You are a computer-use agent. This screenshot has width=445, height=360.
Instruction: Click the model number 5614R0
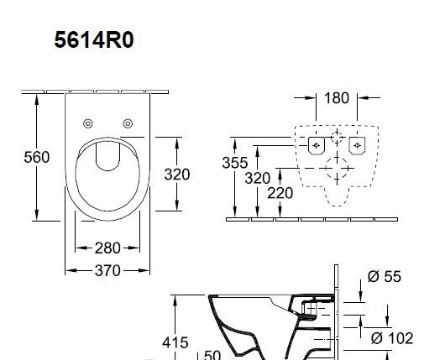93,39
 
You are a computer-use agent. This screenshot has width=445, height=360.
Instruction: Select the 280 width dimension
107,248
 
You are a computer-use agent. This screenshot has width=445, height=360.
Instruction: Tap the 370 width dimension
107,270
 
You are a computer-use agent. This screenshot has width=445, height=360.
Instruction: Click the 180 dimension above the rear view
336,98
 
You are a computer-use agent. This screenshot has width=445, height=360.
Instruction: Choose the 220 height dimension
280,193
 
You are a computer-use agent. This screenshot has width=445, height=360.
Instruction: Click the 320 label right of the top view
176,175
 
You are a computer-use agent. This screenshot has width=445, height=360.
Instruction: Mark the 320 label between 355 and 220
257,178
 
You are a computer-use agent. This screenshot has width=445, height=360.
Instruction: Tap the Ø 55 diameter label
385,277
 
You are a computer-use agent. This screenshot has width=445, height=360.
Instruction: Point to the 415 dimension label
175,342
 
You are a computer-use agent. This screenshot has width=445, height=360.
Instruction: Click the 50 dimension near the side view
212,354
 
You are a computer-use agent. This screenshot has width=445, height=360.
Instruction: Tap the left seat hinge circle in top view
86,124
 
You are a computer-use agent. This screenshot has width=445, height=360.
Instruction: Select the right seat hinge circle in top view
128,124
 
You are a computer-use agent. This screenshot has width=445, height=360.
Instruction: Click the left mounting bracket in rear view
315,144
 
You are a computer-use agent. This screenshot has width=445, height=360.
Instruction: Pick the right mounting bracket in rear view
359,144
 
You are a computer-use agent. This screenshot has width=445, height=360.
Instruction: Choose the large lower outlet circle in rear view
337,174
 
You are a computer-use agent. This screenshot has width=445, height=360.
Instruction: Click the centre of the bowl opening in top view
107,176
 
